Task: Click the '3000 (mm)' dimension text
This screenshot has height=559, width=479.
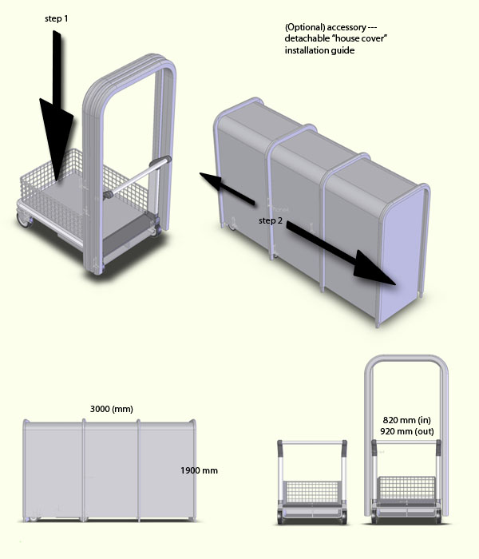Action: click(112, 409)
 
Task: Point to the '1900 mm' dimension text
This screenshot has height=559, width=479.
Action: click(200, 470)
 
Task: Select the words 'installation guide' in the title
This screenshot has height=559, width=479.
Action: click(319, 51)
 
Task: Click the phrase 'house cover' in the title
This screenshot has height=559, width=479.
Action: click(362, 39)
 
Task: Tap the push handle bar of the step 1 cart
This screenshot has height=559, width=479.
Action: click(144, 172)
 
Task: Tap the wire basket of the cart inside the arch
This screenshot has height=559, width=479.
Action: click(406, 489)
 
